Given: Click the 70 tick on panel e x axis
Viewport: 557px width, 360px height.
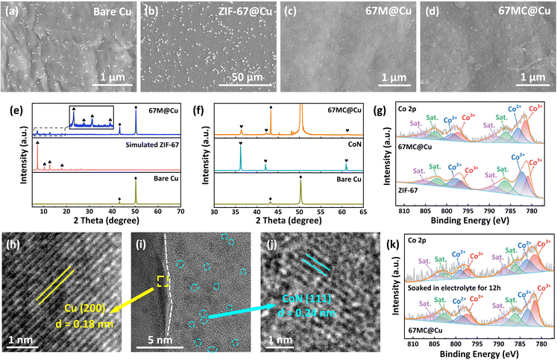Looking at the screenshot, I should coord(180,212).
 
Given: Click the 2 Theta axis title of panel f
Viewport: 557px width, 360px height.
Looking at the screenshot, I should coord(289,221).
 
